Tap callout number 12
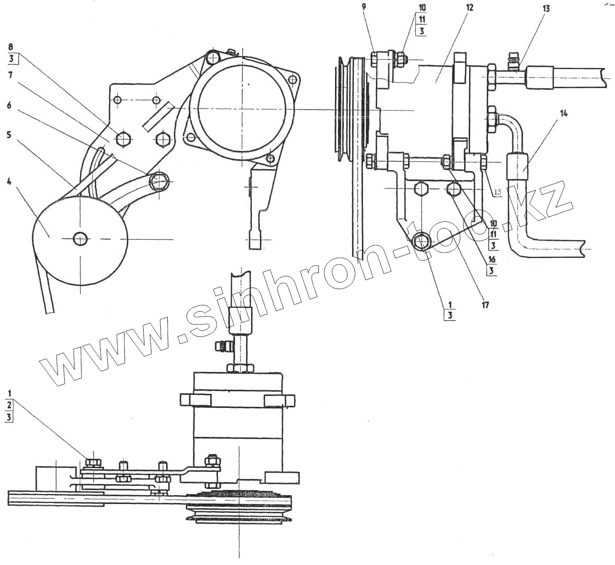pos(469,8)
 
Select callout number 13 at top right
pos(546,8)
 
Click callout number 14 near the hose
pos(564,113)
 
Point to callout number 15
pos(498,192)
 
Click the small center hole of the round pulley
pos(80,239)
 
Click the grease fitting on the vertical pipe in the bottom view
pos(222,347)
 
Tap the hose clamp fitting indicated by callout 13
pos(512,64)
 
